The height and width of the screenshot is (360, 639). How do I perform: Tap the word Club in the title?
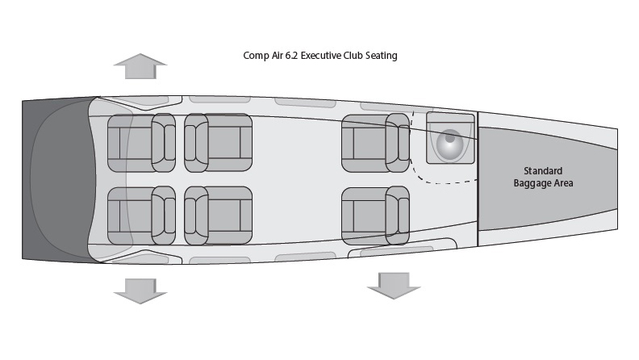[359, 57]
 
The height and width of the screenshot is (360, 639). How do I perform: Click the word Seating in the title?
[385, 57]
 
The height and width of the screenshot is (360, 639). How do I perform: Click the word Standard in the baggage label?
[543, 171]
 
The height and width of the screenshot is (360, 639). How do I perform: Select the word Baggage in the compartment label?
[533, 183]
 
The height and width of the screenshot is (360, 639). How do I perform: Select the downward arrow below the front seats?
[140, 288]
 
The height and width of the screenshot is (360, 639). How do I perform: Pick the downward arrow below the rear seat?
[394, 286]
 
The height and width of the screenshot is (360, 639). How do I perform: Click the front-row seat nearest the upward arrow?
[141, 142]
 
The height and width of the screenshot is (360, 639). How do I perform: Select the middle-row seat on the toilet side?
[218, 142]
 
